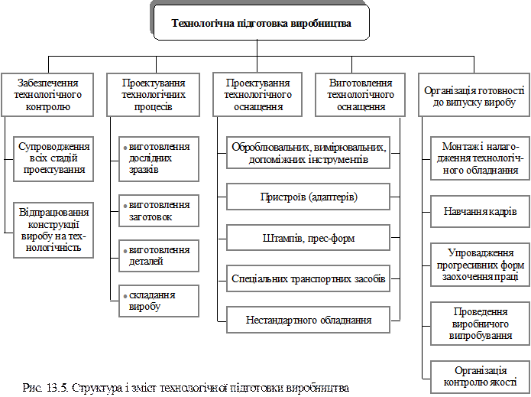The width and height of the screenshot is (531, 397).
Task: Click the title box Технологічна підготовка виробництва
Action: [261, 23]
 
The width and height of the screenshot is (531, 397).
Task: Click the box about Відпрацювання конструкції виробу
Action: [54, 229]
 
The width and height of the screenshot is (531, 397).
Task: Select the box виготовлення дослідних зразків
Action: [159, 158]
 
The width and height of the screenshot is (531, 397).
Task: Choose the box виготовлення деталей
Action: [159, 255]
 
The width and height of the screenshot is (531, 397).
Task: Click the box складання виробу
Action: [159, 300]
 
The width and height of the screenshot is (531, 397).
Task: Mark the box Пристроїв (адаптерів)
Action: [309, 197]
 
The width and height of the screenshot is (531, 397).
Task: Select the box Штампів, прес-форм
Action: [309, 238]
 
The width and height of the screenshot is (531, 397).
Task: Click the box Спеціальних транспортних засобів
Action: [309, 279]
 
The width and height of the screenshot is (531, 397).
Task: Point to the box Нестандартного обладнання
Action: [309, 320]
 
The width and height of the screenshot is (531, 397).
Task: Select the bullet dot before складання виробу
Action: [125, 295]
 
